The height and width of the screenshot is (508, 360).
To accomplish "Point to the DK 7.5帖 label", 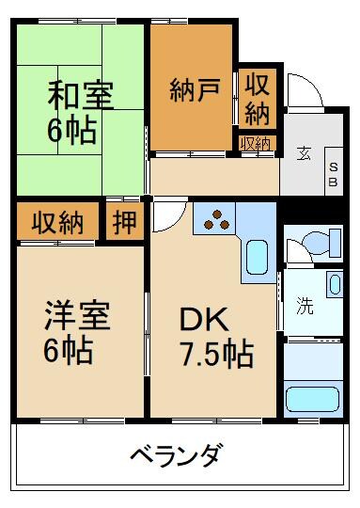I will click(216, 337).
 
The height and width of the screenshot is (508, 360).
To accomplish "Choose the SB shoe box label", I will click(333, 173).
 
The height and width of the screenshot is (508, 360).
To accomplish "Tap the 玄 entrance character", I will click(305, 152).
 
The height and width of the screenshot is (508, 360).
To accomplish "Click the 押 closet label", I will click(123, 222).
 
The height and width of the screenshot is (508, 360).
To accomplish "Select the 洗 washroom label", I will click(304, 306).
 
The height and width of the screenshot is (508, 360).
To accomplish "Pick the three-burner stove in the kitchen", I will click(216, 218).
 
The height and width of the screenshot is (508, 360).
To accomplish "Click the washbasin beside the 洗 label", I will click(335, 284).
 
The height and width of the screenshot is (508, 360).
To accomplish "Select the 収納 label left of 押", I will click(58, 223).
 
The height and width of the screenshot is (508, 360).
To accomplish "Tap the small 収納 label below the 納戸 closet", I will click(255, 144).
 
